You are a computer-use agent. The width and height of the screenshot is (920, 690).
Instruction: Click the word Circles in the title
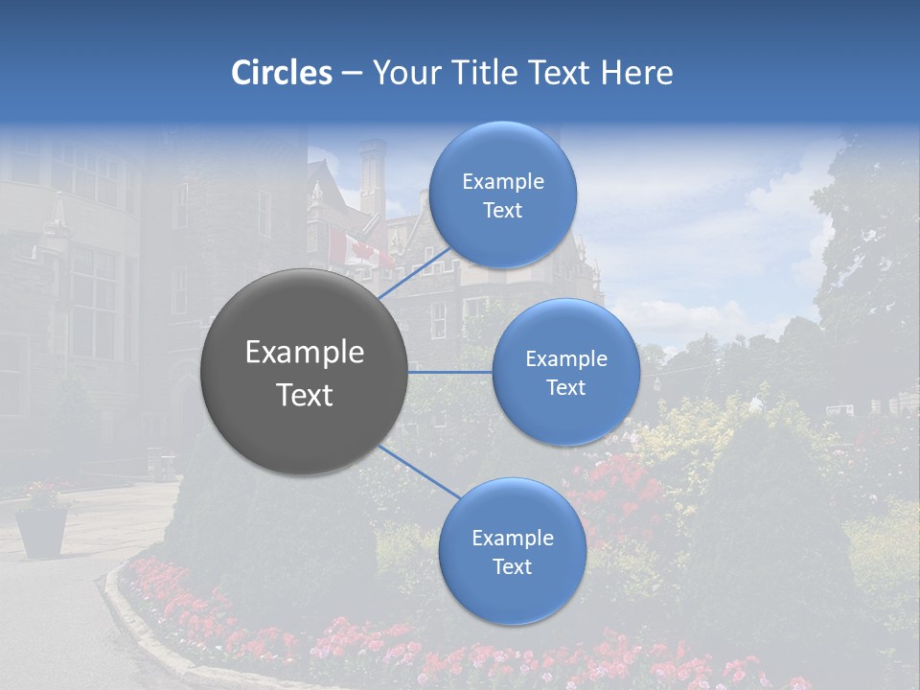281,73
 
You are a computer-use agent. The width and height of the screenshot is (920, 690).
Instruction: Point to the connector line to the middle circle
450,371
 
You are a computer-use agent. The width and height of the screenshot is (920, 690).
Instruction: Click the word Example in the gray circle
305,353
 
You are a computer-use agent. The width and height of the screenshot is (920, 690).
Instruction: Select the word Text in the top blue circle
502,211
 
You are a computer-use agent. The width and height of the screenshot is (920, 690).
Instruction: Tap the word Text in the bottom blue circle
512,566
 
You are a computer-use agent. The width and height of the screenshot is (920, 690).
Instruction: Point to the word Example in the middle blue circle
565,359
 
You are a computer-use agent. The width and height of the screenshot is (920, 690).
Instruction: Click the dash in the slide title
352,74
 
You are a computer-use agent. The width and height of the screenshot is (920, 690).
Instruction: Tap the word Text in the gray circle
305,395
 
